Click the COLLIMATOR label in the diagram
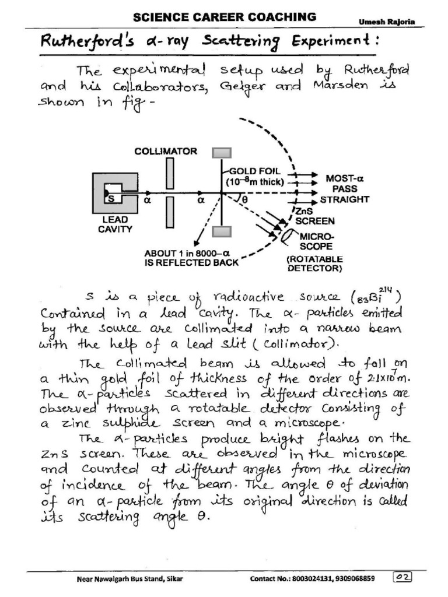[166, 152]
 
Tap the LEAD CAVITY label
[115, 224]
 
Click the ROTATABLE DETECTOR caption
[315, 264]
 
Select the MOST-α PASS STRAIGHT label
[347, 188]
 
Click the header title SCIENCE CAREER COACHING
[225, 16]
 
